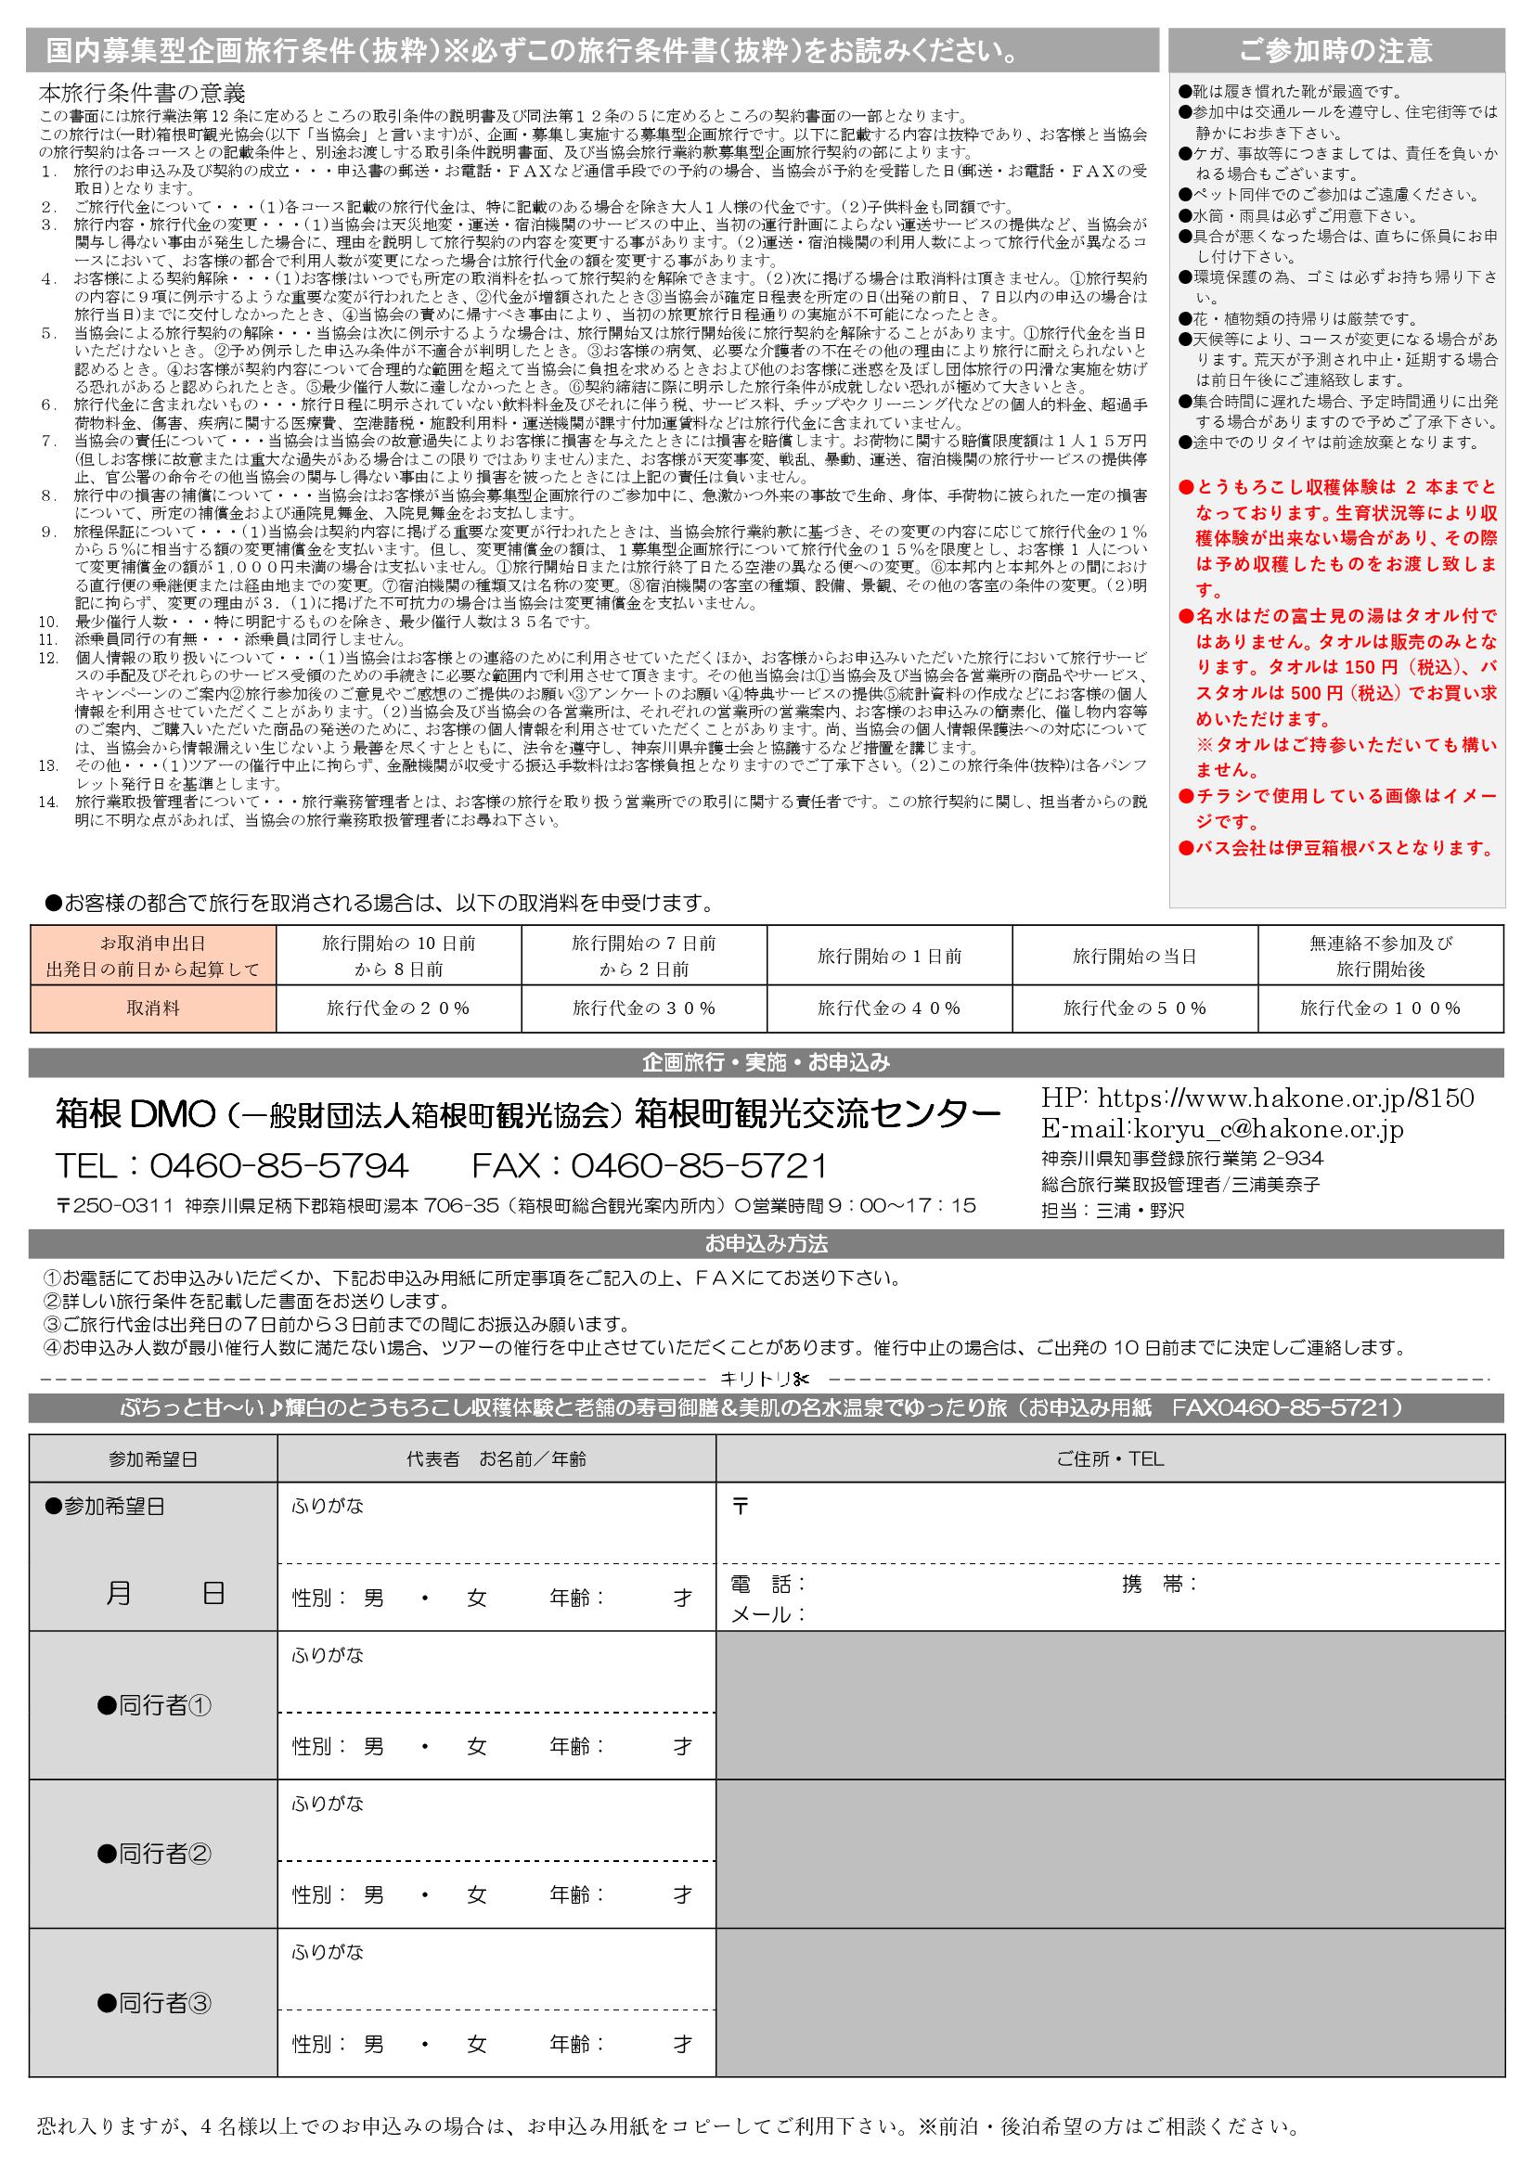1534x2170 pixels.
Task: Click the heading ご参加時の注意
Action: pyautogui.click(x=1335, y=50)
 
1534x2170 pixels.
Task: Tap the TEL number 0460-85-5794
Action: pyautogui.click(x=277, y=1166)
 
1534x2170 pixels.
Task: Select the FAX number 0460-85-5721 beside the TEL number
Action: pyautogui.click(x=697, y=1166)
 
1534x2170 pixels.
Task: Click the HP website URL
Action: pyautogui.click(x=1285, y=1098)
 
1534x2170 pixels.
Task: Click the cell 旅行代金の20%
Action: pyautogui.click(x=398, y=1008)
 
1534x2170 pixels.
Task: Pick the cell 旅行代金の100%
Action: pyautogui.click(x=1380, y=1008)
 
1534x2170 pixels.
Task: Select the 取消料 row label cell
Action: pyautogui.click(x=153, y=1008)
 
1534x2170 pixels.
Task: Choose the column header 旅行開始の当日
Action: pyautogui.click(x=1134, y=956)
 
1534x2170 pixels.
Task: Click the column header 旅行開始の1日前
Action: pyautogui.click(x=889, y=956)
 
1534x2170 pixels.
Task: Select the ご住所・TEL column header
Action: pyautogui.click(x=1110, y=1459)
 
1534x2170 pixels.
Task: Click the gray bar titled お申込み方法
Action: pyautogui.click(x=766, y=1244)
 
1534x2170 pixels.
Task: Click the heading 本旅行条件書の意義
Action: pyautogui.click(x=142, y=94)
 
